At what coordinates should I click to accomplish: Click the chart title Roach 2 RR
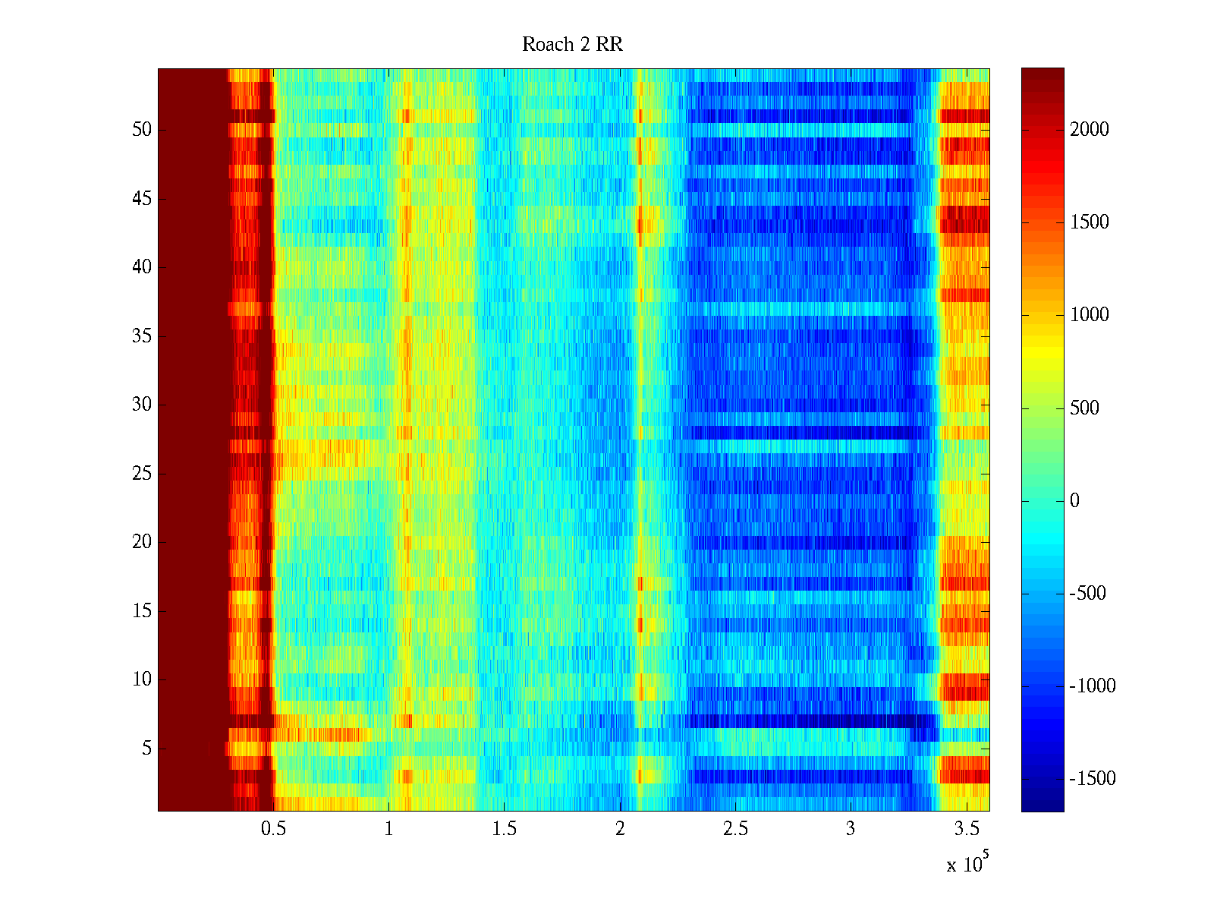pyautogui.click(x=572, y=45)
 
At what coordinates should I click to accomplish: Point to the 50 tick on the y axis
pyautogui.click(x=142, y=130)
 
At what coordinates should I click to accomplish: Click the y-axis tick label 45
pyautogui.click(x=142, y=199)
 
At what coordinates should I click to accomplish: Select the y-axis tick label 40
pyautogui.click(x=142, y=267)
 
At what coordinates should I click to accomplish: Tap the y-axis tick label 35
pyautogui.click(x=142, y=336)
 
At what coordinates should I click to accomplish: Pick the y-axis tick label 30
pyautogui.click(x=142, y=405)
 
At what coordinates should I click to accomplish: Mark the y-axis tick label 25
pyautogui.click(x=142, y=474)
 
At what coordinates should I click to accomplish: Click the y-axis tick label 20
pyautogui.click(x=142, y=542)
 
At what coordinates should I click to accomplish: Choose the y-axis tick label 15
pyautogui.click(x=142, y=611)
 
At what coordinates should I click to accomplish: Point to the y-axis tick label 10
pyautogui.click(x=142, y=679)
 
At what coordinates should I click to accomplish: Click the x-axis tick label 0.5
pyautogui.click(x=273, y=829)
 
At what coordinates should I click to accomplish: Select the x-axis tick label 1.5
pyautogui.click(x=504, y=829)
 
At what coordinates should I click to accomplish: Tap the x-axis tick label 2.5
pyautogui.click(x=734, y=829)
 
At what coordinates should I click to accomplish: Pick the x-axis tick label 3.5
pyautogui.click(x=965, y=829)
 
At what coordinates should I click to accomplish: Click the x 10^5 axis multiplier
pyautogui.click(x=967, y=864)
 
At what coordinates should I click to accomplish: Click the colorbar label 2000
pyautogui.click(x=1090, y=129)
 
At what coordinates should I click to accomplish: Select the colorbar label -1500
pyautogui.click(x=1093, y=779)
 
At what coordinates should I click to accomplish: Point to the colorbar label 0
pyautogui.click(x=1074, y=501)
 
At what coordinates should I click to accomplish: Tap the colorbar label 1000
pyautogui.click(x=1090, y=315)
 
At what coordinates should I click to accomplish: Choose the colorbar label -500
pyautogui.click(x=1088, y=594)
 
